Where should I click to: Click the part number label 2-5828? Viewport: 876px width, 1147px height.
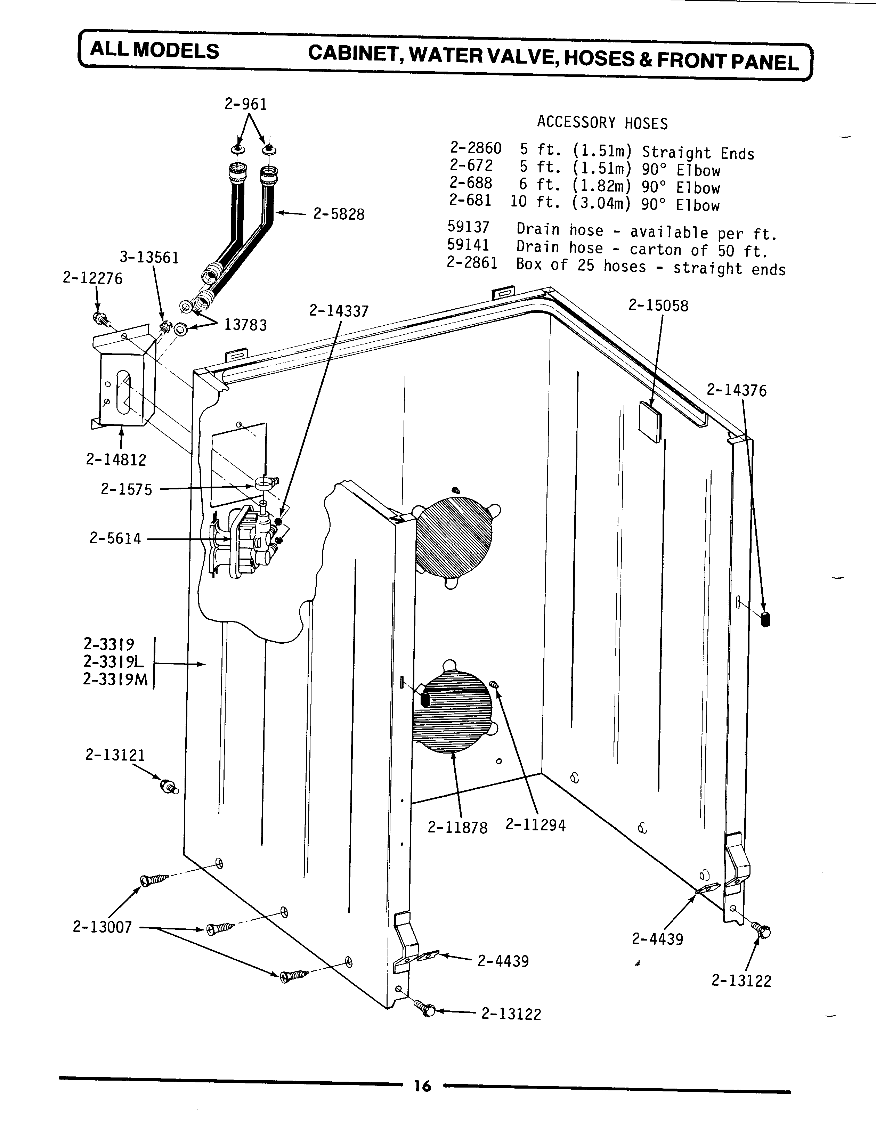339,214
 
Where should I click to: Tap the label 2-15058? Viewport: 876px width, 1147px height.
658,306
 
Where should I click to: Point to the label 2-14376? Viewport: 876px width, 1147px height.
736,391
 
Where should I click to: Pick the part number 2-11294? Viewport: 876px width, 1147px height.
535,825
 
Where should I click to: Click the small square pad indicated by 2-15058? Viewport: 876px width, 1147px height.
650,418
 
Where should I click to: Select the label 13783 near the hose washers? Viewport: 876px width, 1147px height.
245,325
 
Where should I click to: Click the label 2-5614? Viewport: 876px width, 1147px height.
115,539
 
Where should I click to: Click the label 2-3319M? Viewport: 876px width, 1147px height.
115,680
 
